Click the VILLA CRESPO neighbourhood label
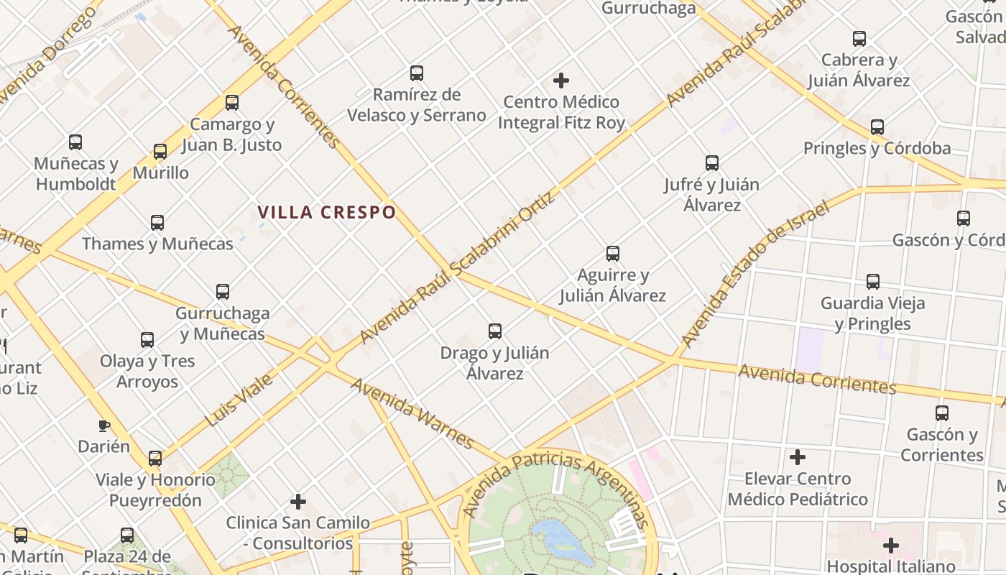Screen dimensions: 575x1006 pyautogui.click(x=327, y=212)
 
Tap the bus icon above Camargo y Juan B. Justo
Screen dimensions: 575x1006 pyautogui.click(x=231, y=103)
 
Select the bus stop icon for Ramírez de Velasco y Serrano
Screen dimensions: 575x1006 pyautogui.click(x=417, y=73)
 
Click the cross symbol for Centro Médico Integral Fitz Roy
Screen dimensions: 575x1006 pyautogui.click(x=561, y=80)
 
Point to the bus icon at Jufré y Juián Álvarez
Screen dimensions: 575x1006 pyautogui.click(x=711, y=163)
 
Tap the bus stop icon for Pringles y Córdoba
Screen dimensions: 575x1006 pyautogui.click(x=877, y=127)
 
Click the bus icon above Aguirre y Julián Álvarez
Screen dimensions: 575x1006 pyautogui.click(x=612, y=253)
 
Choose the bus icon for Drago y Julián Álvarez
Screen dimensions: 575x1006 pyautogui.click(x=494, y=331)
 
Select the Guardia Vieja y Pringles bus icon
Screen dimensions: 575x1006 pyautogui.click(x=872, y=281)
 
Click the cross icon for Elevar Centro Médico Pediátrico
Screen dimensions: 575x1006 pyautogui.click(x=797, y=457)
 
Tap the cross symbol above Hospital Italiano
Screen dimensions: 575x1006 pyautogui.click(x=891, y=545)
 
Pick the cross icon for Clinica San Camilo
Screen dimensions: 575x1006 pyautogui.click(x=298, y=501)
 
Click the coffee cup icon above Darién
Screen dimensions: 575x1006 pyautogui.click(x=104, y=425)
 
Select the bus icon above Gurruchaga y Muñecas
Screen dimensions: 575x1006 pyautogui.click(x=223, y=291)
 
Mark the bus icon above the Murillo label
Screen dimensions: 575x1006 pyautogui.click(x=160, y=152)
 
